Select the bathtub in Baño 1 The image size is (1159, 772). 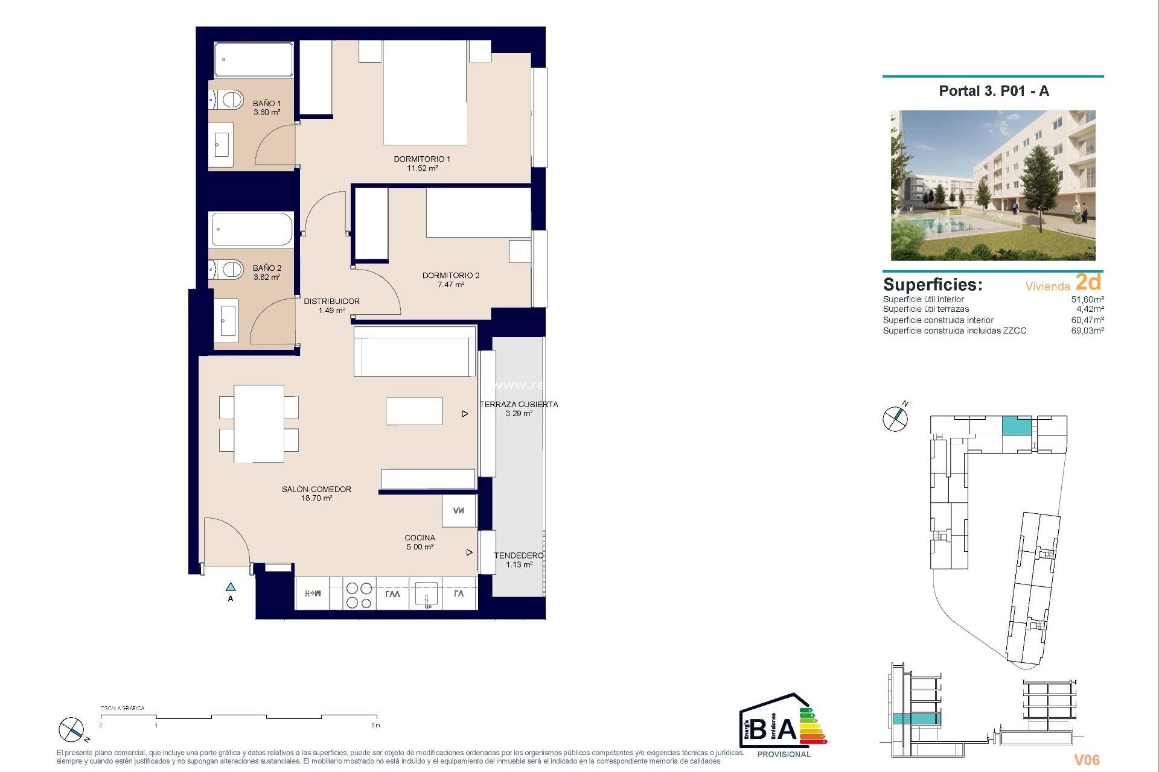pyautogui.click(x=254, y=60)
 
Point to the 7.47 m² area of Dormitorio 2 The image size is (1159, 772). pyautogui.click(x=451, y=285)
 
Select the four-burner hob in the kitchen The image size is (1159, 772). pyautogui.click(x=359, y=595)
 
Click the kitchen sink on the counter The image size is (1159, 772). pyautogui.click(x=426, y=593)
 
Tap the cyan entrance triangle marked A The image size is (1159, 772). pyautogui.click(x=231, y=587)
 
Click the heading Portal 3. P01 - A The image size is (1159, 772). pyautogui.click(x=994, y=91)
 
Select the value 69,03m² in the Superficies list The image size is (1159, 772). pyautogui.click(x=1087, y=331)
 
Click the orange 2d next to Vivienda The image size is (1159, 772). pyautogui.click(x=1088, y=282)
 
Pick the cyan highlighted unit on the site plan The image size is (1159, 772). pyautogui.click(x=1017, y=426)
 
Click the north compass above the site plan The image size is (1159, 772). pyautogui.click(x=895, y=418)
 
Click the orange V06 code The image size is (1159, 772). pyautogui.click(x=1087, y=760)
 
